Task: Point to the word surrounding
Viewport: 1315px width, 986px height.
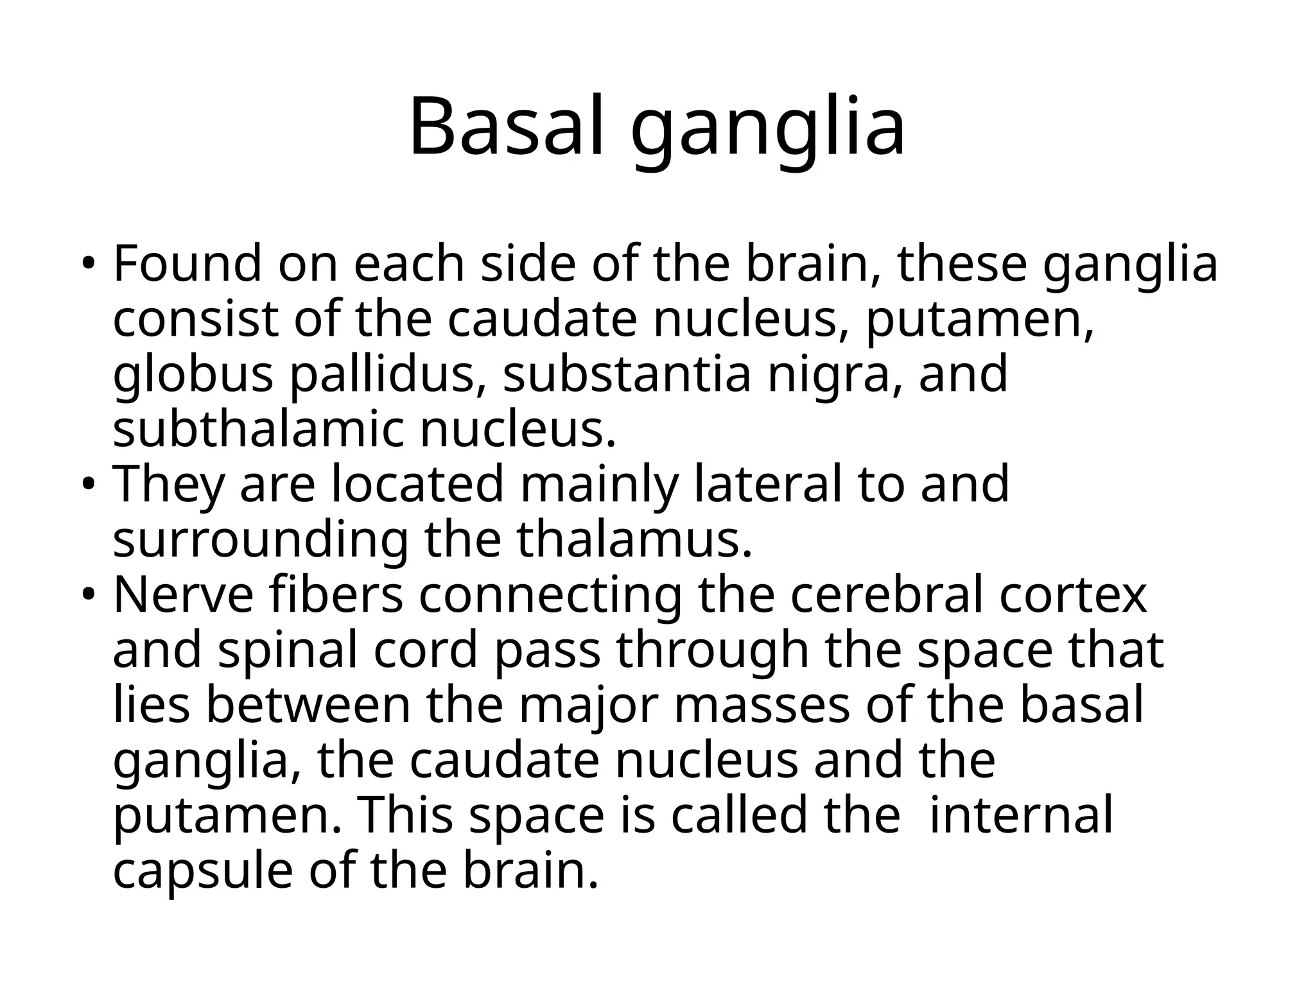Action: pyautogui.click(x=260, y=541)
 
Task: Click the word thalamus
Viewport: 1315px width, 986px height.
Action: pyautogui.click(x=633, y=540)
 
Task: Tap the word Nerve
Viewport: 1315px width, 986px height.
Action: pyautogui.click(x=183, y=596)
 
